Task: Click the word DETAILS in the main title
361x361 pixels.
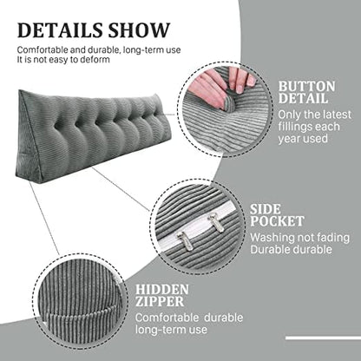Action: pos(60,30)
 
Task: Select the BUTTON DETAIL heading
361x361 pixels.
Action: pos(307,92)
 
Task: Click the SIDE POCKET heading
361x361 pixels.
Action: pos(277,215)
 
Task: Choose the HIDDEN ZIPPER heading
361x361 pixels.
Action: pos(162,295)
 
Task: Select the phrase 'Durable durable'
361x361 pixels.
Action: pos(291,249)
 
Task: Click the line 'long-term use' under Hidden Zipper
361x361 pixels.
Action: pos(171,330)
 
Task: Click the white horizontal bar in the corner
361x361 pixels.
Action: pos(323,338)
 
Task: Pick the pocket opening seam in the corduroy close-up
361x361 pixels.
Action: pos(80,313)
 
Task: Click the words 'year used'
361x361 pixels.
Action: pos(303,139)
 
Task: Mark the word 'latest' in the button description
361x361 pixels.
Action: pos(335,115)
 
